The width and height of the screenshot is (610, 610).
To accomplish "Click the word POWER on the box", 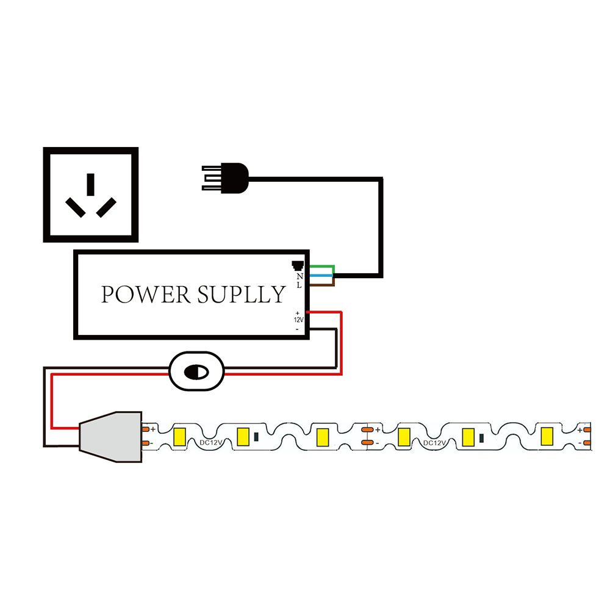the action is pyautogui.click(x=146, y=295).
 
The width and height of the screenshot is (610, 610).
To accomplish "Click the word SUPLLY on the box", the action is pyautogui.click(x=241, y=295).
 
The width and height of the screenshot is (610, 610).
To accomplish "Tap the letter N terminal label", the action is pyautogui.click(x=300, y=276).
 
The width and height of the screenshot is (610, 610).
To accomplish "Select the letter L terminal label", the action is pyautogui.click(x=299, y=285).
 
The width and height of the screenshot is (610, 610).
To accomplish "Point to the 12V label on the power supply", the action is pyautogui.click(x=298, y=320).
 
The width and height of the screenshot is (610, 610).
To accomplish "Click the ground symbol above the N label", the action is pyautogui.click(x=298, y=265).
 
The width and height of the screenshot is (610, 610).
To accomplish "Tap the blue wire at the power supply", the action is pyautogui.click(x=321, y=275).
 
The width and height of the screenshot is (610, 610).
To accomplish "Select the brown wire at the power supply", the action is pyautogui.click(x=322, y=284).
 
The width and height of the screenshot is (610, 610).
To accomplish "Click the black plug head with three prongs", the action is pyautogui.click(x=226, y=178).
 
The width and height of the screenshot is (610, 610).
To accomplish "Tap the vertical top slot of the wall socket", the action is pyautogui.click(x=91, y=184).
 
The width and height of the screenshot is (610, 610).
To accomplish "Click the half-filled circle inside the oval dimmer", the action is pyautogui.click(x=196, y=372).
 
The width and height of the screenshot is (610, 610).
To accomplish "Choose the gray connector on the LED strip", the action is pyautogui.click(x=110, y=437).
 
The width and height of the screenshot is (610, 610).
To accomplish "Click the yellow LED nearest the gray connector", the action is pyautogui.click(x=179, y=437).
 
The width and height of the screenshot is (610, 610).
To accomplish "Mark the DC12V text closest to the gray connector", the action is pyautogui.click(x=210, y=443).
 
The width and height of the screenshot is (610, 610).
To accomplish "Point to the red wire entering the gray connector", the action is pyautogui.click(x=65, y=428).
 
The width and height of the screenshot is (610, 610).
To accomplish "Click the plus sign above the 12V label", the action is pyautogui.click(x=298, y=313).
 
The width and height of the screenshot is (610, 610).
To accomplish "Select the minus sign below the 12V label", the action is pyautogui.click(x=297, y=329).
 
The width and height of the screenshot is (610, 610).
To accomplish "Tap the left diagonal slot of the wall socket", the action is pyautogui.click(x=76, y=207).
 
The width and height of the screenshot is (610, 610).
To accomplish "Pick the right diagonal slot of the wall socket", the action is pyautogui.click(x=106, y=207).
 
